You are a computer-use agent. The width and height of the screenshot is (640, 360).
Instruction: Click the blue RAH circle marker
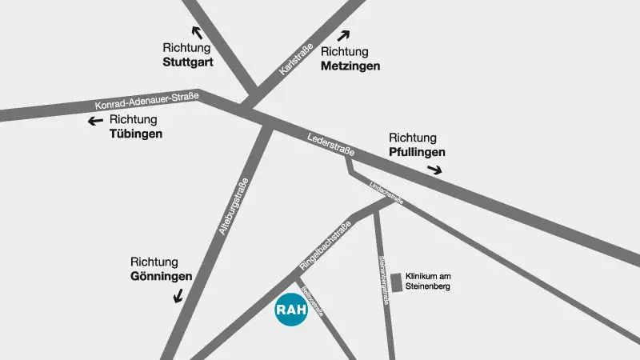tap(291, 310)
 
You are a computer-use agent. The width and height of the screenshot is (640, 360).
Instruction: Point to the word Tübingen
tap(135, 134)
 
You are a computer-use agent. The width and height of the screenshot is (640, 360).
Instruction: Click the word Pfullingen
tap(417, 151)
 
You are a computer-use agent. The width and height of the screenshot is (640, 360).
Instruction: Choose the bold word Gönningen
tap(161, 277)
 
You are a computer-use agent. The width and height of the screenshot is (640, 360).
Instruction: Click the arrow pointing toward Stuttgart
tap(196, 33)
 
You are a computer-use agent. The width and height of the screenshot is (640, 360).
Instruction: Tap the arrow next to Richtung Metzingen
tap(344, 35)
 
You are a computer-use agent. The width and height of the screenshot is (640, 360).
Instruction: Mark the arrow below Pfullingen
tap(434, 169)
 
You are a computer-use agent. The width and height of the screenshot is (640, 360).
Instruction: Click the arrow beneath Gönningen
tap(178, 295)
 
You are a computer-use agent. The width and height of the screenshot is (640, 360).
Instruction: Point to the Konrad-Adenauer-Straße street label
tap(146, 102)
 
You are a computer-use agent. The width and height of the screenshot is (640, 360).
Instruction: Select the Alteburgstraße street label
tap(234, 206)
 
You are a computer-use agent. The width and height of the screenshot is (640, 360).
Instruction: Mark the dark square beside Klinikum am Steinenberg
tap(396, 276)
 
